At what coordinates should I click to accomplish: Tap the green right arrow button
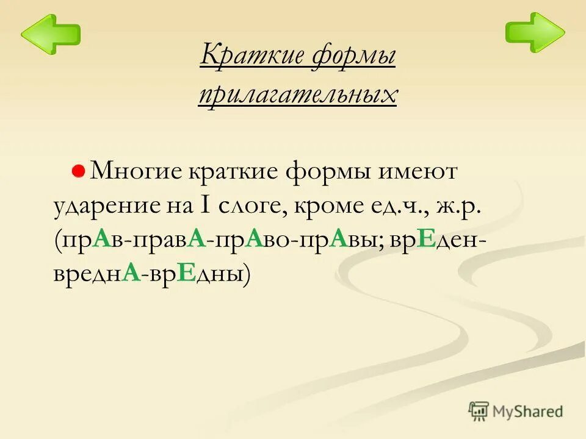[535, 32]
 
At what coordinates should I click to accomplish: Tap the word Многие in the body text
[136, 171]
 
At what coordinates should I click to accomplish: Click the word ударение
[104, 206]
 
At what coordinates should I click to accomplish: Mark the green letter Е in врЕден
[427, 240]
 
